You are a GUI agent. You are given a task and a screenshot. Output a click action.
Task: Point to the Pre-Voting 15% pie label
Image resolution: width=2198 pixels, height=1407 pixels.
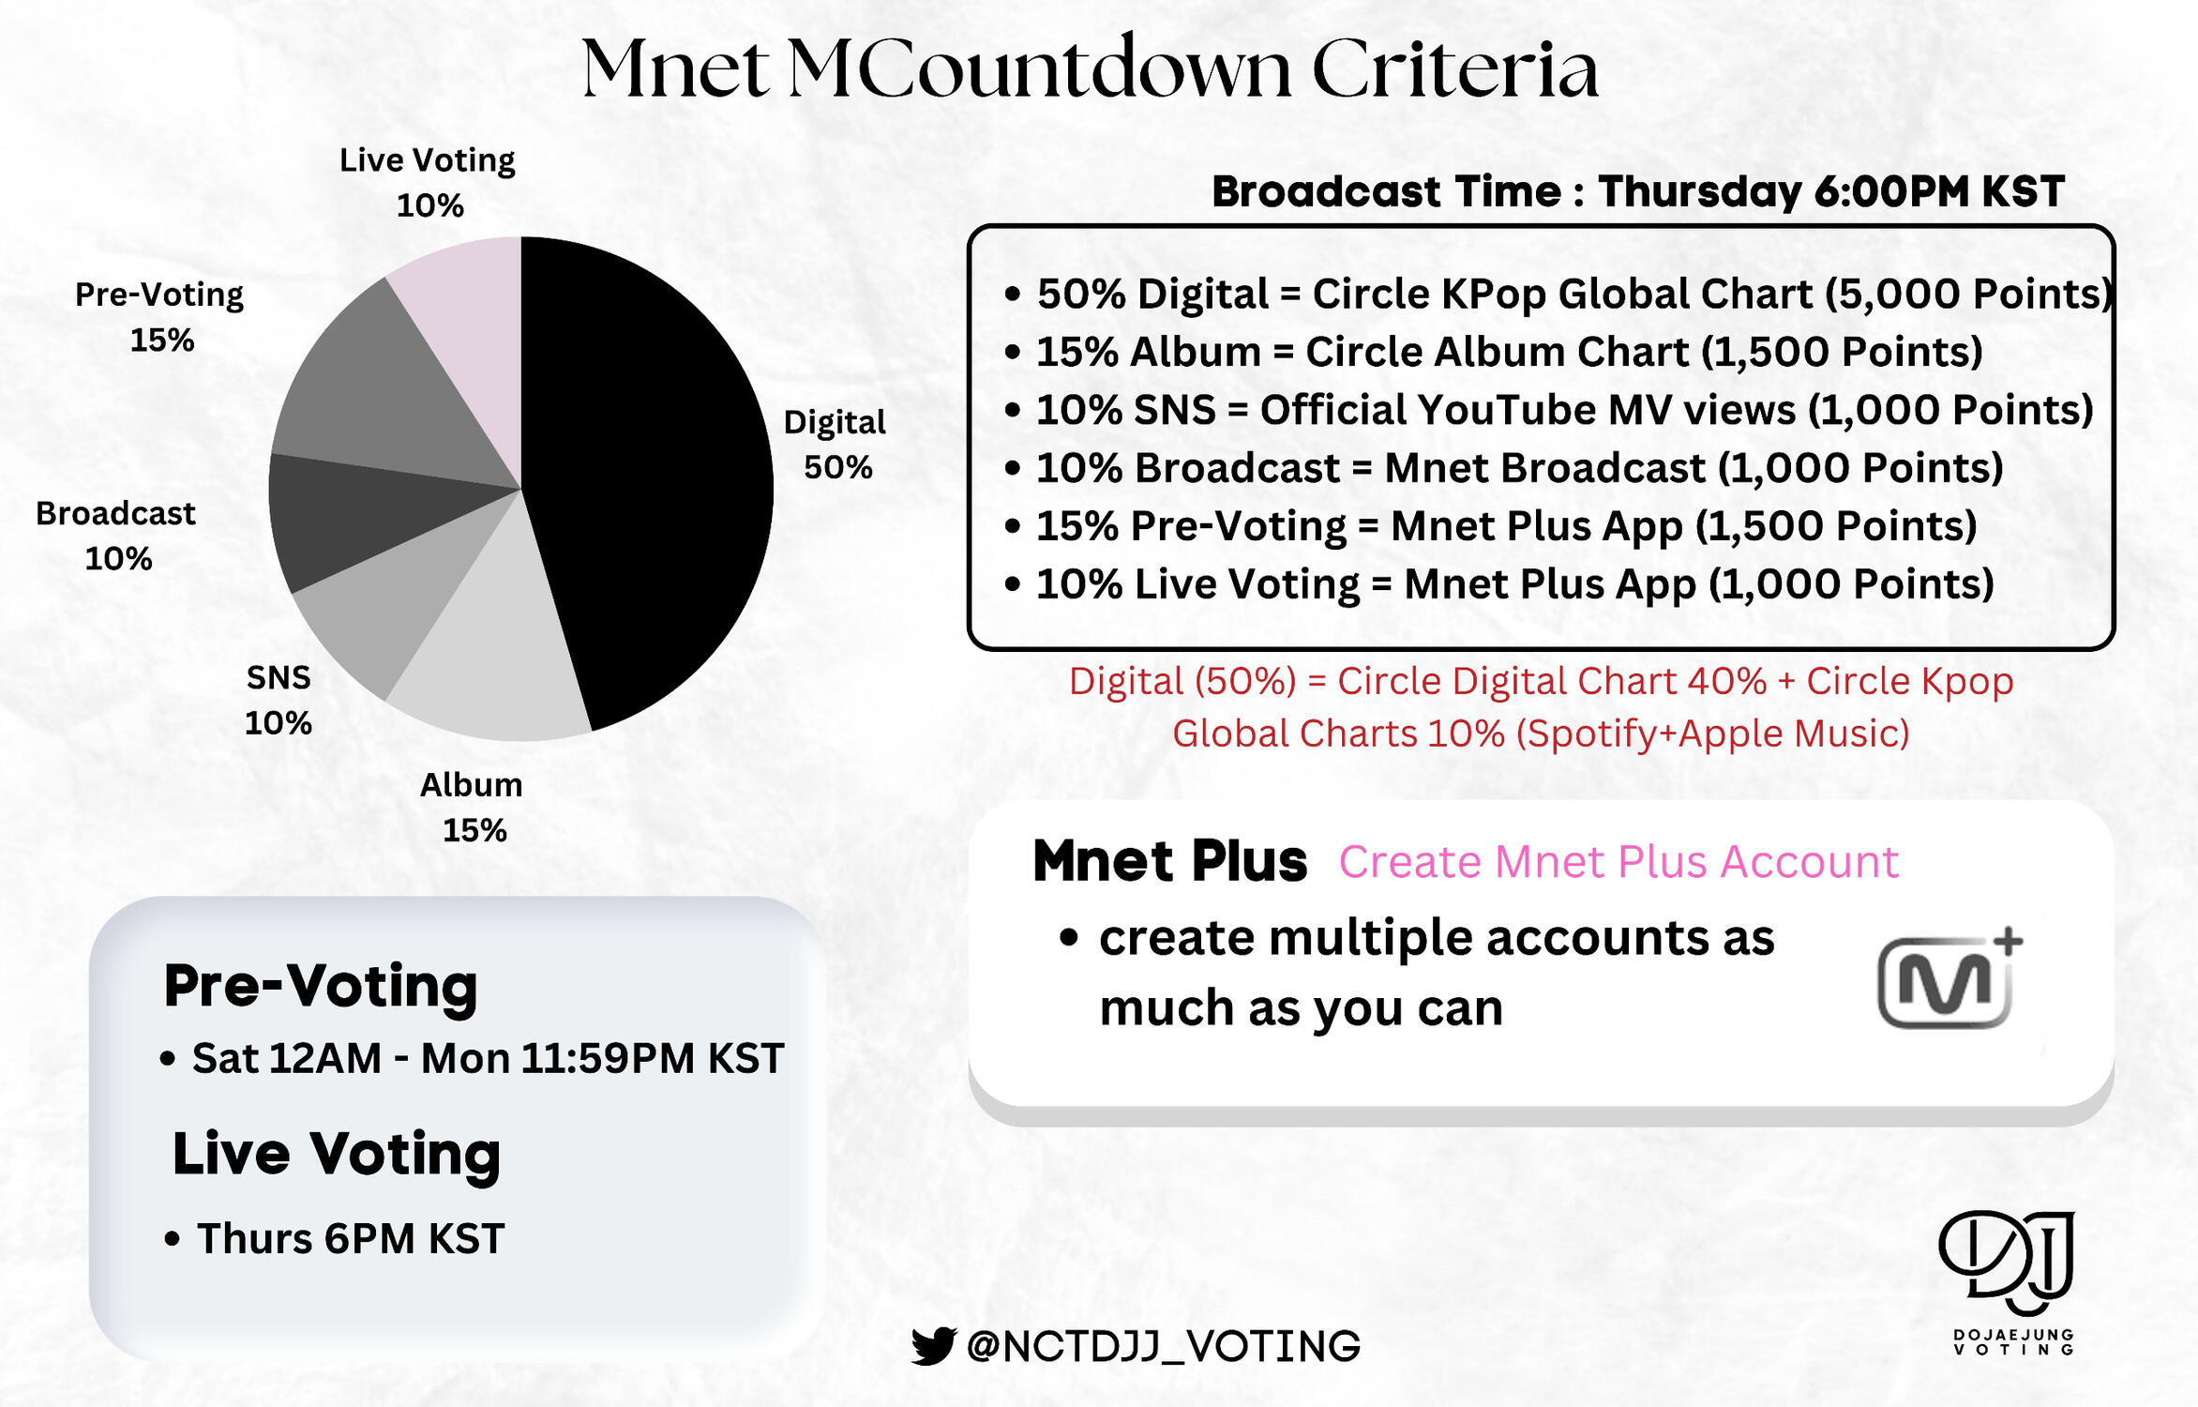(159, 316)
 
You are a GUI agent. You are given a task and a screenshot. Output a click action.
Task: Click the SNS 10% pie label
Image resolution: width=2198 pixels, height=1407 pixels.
(279, 700)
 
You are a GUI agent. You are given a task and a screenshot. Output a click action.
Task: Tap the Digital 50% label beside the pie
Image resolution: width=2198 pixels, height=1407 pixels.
(835, 445)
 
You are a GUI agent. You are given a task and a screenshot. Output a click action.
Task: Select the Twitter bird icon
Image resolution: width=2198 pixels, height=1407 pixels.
(933, 1346)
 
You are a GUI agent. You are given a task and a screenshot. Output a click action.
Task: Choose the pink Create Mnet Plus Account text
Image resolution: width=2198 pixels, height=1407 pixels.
(1618, 861)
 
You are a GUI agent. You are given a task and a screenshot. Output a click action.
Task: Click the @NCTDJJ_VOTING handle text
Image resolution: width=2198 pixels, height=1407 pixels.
(1163, 1346)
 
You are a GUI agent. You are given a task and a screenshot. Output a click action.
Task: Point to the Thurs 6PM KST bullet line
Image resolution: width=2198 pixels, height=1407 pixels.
(335, 1238)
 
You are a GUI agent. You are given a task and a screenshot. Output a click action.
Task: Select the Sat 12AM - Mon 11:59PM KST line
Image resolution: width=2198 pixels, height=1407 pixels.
(472, 1058)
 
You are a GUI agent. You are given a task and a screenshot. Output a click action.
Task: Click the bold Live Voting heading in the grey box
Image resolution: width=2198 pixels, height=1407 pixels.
(336, 1154)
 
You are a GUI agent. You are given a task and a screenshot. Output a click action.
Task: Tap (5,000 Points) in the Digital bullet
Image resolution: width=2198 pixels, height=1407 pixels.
(1968, 294)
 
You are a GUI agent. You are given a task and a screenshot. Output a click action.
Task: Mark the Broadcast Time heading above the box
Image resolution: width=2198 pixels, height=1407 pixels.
(1638, 191)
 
